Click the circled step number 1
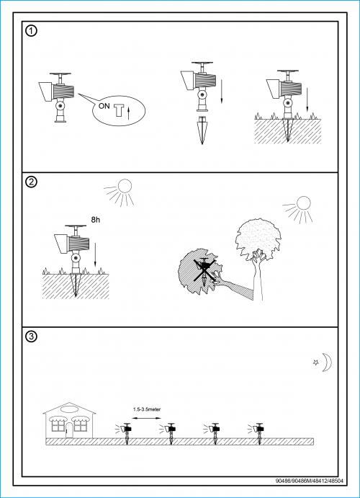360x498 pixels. click(31, 31)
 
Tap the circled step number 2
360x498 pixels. click(31, 182)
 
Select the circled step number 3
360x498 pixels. click(31, 337)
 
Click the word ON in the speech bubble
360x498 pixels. click(104, 106)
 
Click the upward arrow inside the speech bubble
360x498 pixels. click(128, 114)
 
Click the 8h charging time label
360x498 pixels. click(96, 220)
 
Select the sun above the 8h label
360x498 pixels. click(120, 192)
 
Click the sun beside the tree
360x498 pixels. click(298, 209)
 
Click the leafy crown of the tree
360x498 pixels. click(258, 239)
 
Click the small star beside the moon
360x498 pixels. click(316, 362)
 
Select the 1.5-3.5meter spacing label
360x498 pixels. click(147, 409)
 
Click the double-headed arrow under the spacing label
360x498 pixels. click(147, 418)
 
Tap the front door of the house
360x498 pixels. click(69, 430)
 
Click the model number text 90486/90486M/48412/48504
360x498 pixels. click(310, 481)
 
